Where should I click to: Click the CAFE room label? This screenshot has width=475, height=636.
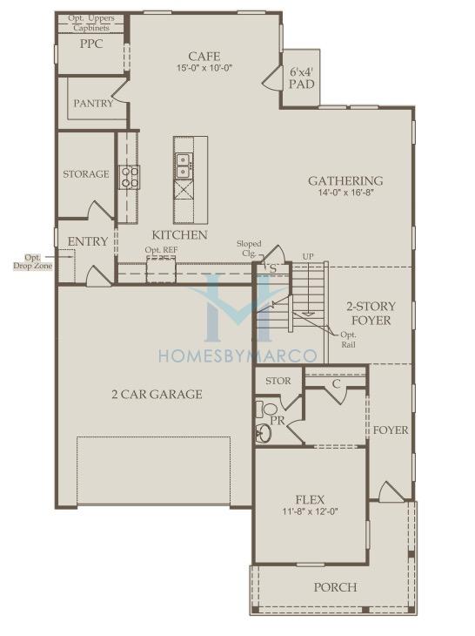(x=204, y=56)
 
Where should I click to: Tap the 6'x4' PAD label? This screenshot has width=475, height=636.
(x=302, y=78)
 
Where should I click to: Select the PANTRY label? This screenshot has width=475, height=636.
(x=93, y=104)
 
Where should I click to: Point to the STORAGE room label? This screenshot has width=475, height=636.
(x=86, y=174)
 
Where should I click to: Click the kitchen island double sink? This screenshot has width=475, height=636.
(x=184, y=166)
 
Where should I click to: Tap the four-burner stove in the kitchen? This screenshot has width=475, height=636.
(x=129, y=177)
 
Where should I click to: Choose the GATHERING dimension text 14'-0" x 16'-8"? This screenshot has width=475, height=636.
(x=345, y=193)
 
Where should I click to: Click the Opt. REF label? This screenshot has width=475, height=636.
(x=161, y=250)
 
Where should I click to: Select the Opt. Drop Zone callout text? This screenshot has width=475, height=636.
(x=33, y=262)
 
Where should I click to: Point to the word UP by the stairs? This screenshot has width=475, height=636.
(x=308, y=257)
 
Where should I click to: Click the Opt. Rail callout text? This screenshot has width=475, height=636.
(x=349, y=340)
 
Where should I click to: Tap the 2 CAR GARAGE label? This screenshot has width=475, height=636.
(x=157, y=395)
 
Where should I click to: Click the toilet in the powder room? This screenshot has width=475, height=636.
(x=265, y=408)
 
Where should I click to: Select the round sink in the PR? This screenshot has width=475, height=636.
(x=264, y=433)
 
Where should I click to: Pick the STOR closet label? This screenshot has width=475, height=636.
(x=278, y=381)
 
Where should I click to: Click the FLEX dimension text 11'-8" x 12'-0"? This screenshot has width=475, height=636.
(x=311, y=511)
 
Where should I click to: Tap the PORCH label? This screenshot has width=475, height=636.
(x=335, y=587)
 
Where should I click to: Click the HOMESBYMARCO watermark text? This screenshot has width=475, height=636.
(x=237, y=355)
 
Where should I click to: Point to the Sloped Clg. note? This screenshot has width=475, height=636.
(x=249, y=249)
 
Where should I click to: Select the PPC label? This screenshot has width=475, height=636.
(x=91, y=44)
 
